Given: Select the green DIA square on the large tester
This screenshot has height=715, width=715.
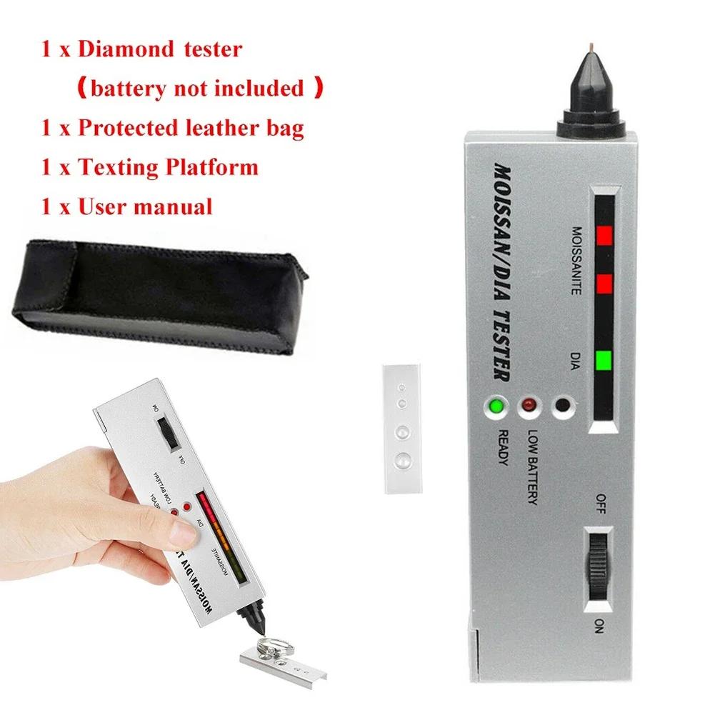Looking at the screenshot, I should point(604,360).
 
